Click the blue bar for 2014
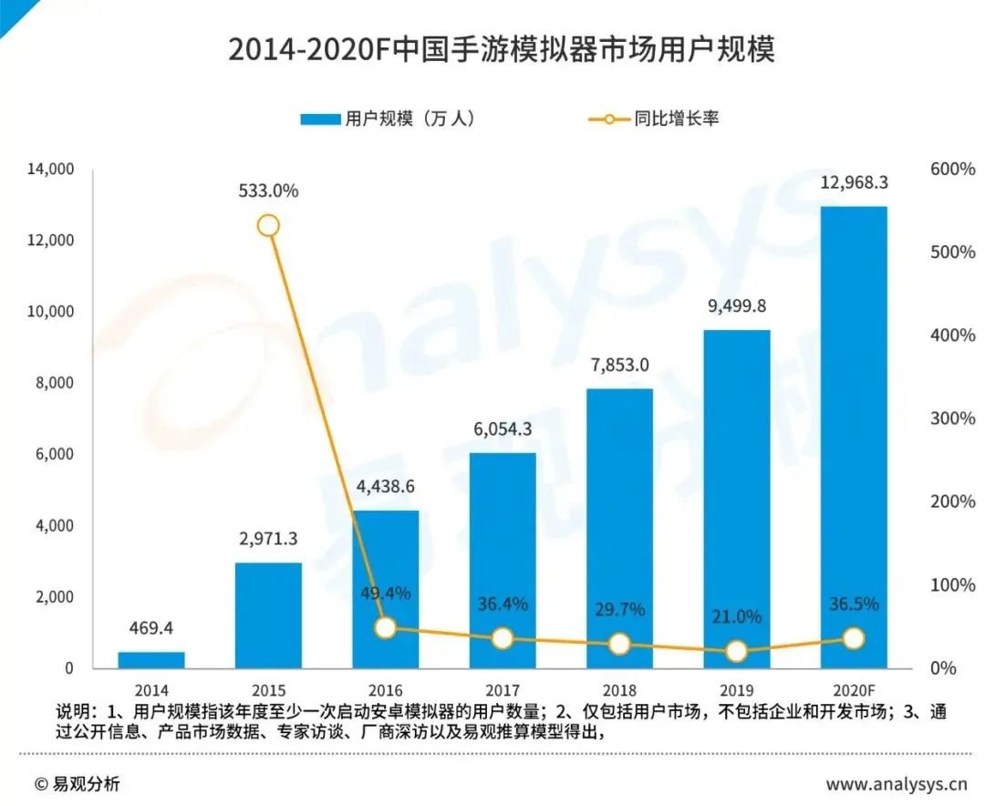pyautogui.click(x=151, y=659)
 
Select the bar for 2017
pyautogui.click(x=503, y=560)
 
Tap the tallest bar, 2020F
pyautogui.click(x=854, y=437)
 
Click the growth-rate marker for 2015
pyautogui.click(x=268, y=225)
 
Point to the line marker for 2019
pyautogui.click(x=736, y=651)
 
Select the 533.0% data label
pyautogui.click(x=268, y=191)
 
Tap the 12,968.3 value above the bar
pyautogui.click(x=854, y=182)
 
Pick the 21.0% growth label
pyautogui.click(x=736, y=616)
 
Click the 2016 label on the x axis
pyautogui.click(x=385, y=690)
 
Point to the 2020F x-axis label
pyautogui.click(x=854, y=690)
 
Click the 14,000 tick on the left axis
pyautogui.click(x=51, y=170)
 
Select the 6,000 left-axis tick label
pyautogui.click(x=55, y=455)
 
